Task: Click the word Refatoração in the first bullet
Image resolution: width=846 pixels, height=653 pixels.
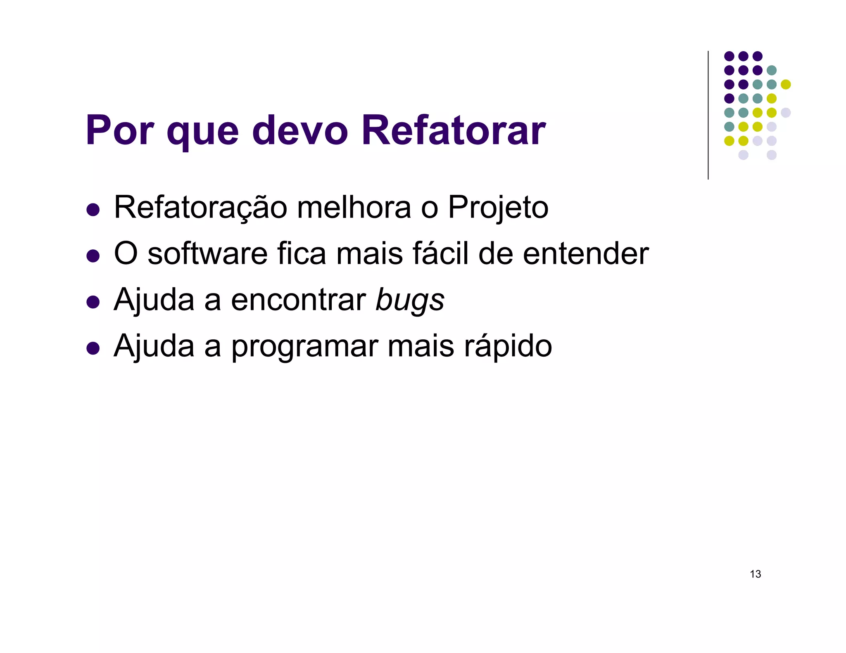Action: click(x=200, y=207)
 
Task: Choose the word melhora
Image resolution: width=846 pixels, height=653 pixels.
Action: click(x=354, y=207)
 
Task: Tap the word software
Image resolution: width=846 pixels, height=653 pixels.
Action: click(x=207, y=253)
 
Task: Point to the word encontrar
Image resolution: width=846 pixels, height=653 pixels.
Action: click(x=298, y=300)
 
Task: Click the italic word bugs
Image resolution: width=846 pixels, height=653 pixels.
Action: click(x=410, y=300)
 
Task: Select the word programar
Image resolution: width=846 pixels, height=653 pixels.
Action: click(x=304, y=347)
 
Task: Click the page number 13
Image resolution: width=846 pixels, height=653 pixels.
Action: click(x=755, y=574)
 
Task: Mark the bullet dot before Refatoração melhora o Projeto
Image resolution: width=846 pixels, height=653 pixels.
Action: click(x=93, y=210)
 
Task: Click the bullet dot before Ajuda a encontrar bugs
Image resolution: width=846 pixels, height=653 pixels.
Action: click(x=93, y=302)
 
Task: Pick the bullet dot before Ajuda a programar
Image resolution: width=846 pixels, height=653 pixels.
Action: click(x=93, y=348)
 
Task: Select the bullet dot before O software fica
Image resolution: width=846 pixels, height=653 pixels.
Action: click(x=93, y=256)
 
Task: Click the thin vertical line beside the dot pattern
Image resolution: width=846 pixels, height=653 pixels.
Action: click(x=708, y=116)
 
